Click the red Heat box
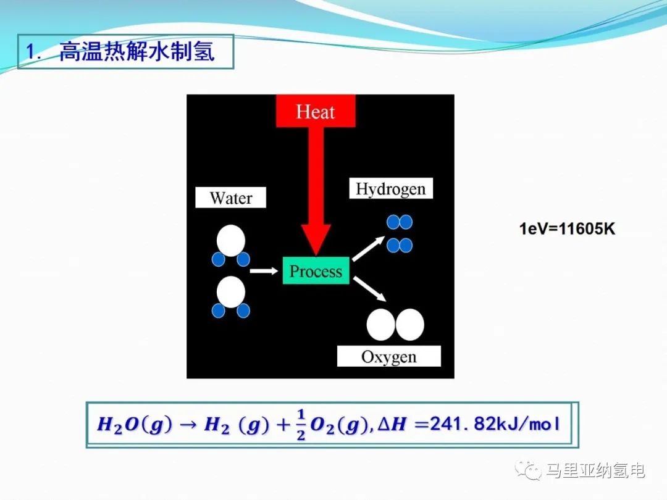coord(316,111)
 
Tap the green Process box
coord(316,270)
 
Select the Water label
coord(230,198)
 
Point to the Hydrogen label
coord(391,188)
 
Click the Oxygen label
coord(389,356)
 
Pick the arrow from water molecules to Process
coord(264,270)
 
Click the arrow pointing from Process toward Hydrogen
coord(368,249)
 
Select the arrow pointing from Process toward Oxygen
coord(369,289)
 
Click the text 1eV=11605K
coord(567,229)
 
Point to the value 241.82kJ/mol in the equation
coord(495,424)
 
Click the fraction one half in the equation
coord(301,424)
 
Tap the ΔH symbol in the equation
coord(392,424)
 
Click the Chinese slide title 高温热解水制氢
coord(137,51)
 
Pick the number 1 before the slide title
coord(31,52)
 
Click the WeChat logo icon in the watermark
coord(528,470)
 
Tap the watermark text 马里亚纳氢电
coord(595,470)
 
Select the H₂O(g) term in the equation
coord(135,424)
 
